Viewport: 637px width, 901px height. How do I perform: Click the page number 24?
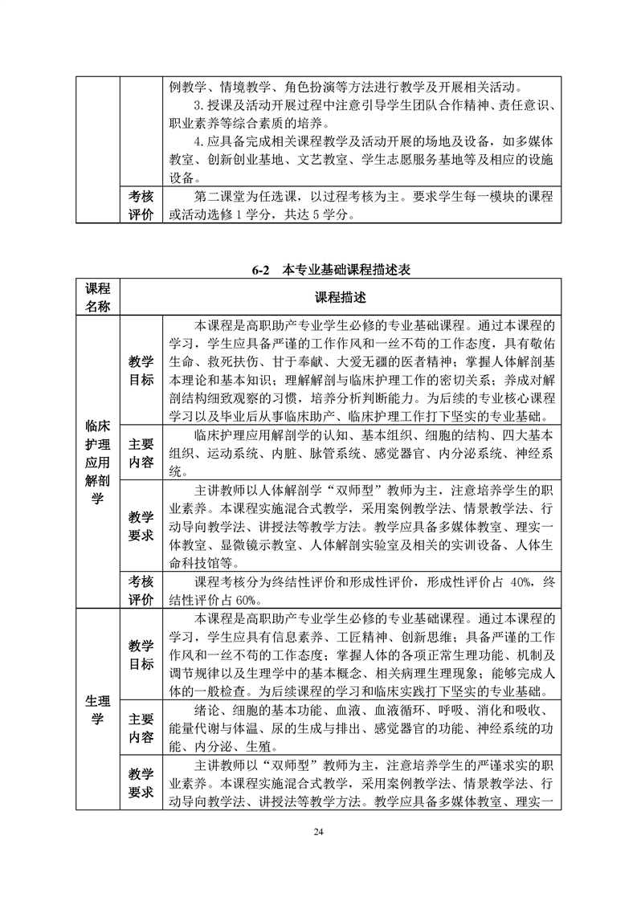coord(319,830)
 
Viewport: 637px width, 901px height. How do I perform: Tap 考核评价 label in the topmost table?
coord(141,205)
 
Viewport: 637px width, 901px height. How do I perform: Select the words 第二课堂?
coord(221,196)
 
